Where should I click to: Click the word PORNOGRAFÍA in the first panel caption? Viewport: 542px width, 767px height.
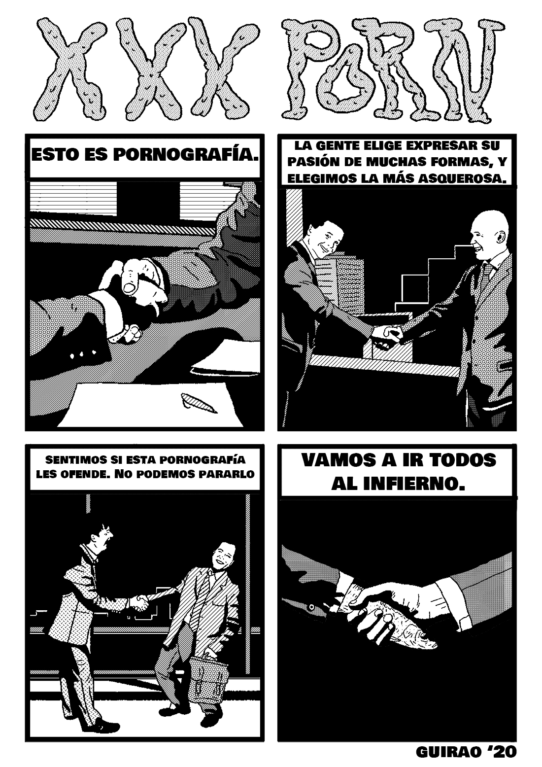point(186,155)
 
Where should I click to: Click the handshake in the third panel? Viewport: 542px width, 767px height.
point(140,602)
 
